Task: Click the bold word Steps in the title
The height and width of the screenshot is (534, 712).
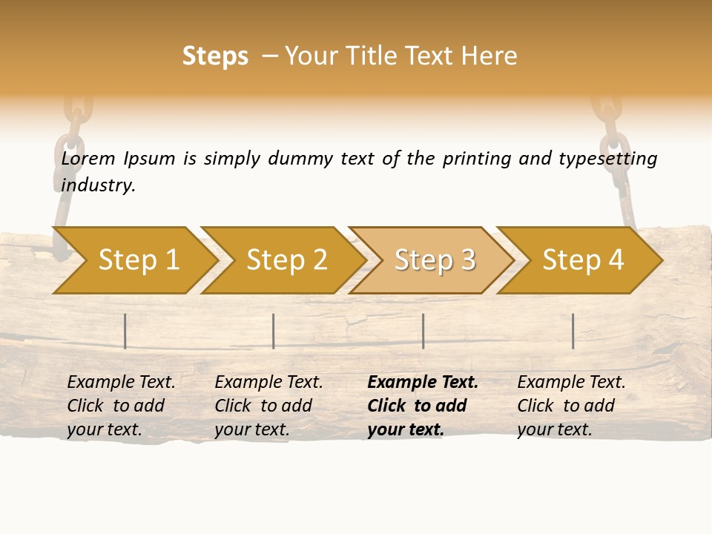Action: tap(215, 56)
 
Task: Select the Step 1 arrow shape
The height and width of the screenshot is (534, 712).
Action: tap(133, 260)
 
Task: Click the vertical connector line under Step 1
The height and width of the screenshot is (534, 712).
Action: tap(125, 331)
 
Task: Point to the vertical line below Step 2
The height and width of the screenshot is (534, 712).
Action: tap(274, 331)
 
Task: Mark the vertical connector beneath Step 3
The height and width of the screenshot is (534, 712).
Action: tap(423, 331)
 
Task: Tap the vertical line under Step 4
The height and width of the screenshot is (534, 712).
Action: tap(573, 331)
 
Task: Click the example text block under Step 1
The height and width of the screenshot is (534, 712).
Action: tap(121, 406)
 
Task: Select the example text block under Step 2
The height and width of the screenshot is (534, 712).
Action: tap(268, 406)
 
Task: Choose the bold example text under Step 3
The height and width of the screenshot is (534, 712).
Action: tap(423, 406)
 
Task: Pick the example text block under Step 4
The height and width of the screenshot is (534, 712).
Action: tap(571, 406)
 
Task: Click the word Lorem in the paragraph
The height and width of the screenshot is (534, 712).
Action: tap(88, 158)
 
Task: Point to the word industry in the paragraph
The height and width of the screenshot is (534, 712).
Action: tap(98, 185)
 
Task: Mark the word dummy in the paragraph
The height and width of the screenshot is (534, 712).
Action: tap(300, 159)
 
